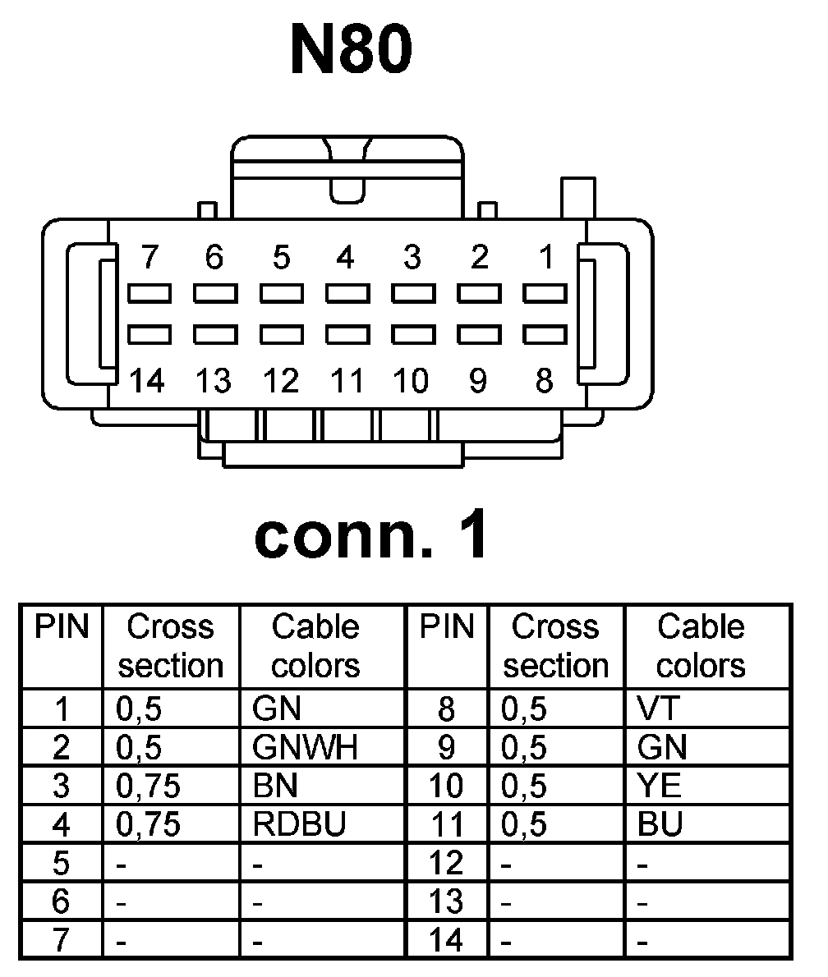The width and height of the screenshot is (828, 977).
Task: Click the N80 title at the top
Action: coord(351,50)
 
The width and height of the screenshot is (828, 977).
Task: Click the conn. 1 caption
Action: coord(371,538)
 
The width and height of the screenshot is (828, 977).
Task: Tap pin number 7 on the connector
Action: coord(149,258)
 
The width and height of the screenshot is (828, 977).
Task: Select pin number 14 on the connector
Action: coord(147,381)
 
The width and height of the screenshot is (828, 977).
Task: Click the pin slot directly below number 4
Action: coord(347,292)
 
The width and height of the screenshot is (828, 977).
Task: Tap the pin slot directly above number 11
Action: coord(347,334)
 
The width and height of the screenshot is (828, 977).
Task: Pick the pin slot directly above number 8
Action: coord(545,334)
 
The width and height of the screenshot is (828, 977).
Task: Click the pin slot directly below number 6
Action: coord(214,292)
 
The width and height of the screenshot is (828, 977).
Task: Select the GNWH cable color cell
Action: coord(306,748)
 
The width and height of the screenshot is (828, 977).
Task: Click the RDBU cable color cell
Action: coord(299,824)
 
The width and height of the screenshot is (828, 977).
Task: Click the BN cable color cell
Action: coord(276,787)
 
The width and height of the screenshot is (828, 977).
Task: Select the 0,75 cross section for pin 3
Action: coord(148,787)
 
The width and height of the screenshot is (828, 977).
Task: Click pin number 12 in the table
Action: coord(447,863)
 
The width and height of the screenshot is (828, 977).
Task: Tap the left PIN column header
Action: coord(61,628)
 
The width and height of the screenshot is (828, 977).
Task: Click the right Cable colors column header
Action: coord(701,646)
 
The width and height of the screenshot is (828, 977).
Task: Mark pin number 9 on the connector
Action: coord(478,381)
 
